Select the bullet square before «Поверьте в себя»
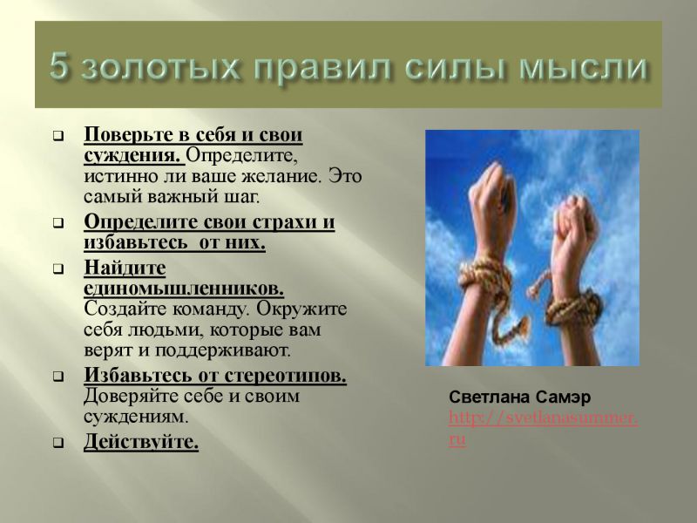tap(58, 136)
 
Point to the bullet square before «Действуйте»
tap(58, 444)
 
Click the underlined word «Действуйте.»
tap(141, 442)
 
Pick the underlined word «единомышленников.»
tap(184, 289)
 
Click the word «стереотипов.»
tap(285, 376)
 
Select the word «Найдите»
tap(125, 268)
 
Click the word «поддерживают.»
tap(222, 350)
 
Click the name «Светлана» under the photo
tap(484, 397)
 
